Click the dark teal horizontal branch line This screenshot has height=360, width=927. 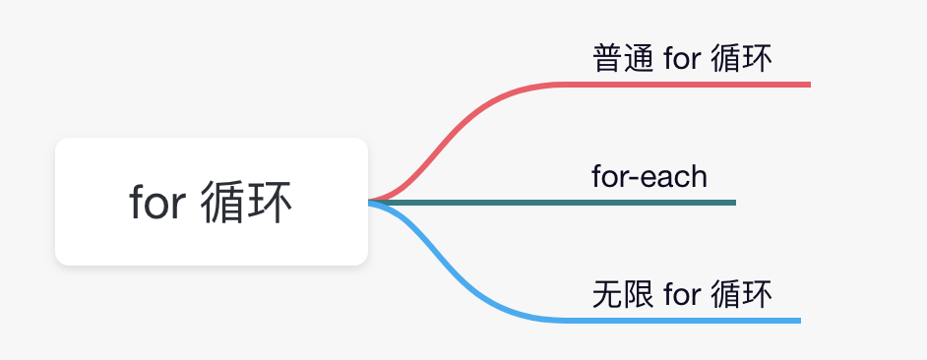[590, 203]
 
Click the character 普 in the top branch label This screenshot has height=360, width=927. [608, 59]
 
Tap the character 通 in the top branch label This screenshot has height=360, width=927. [638, 59]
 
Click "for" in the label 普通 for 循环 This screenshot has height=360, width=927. [682, 59]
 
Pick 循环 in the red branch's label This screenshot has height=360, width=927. [740, 59]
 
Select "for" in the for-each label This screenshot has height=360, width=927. [609, 177]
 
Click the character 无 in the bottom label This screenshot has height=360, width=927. [608, 294]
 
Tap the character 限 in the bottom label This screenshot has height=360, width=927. [638, 294]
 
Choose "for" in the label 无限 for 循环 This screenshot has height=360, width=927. [682, 294]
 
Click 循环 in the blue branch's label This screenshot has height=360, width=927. [740, 294]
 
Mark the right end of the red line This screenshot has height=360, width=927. [807, 85]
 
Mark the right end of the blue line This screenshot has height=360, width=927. [798, 320]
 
